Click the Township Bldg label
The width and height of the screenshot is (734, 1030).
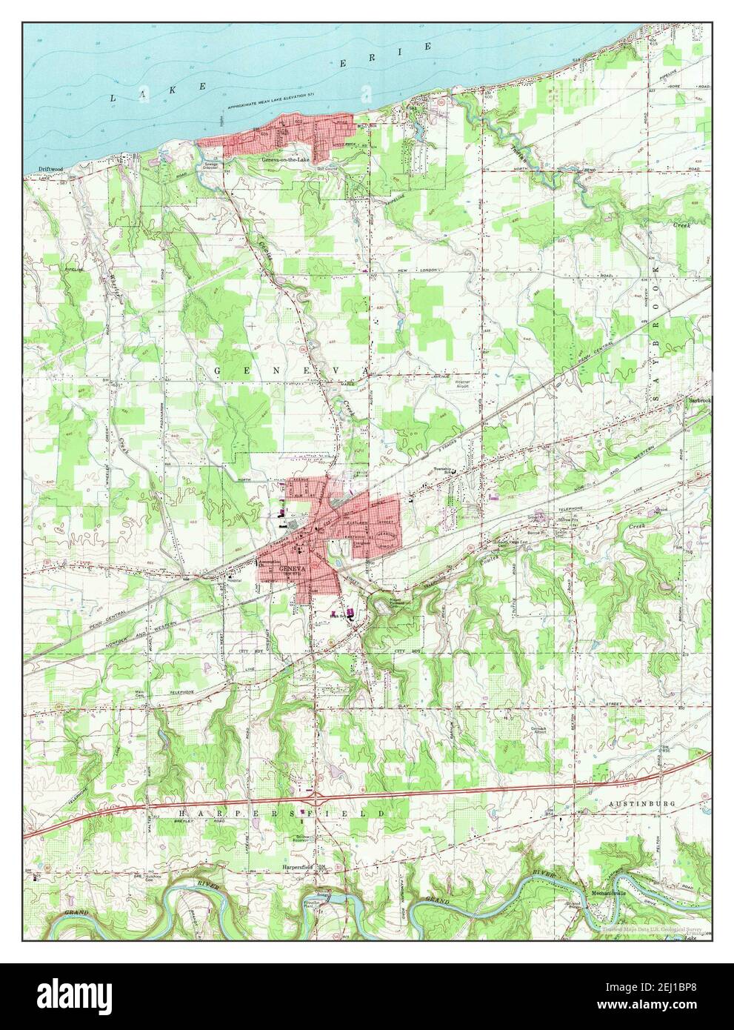pos(443,471)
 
